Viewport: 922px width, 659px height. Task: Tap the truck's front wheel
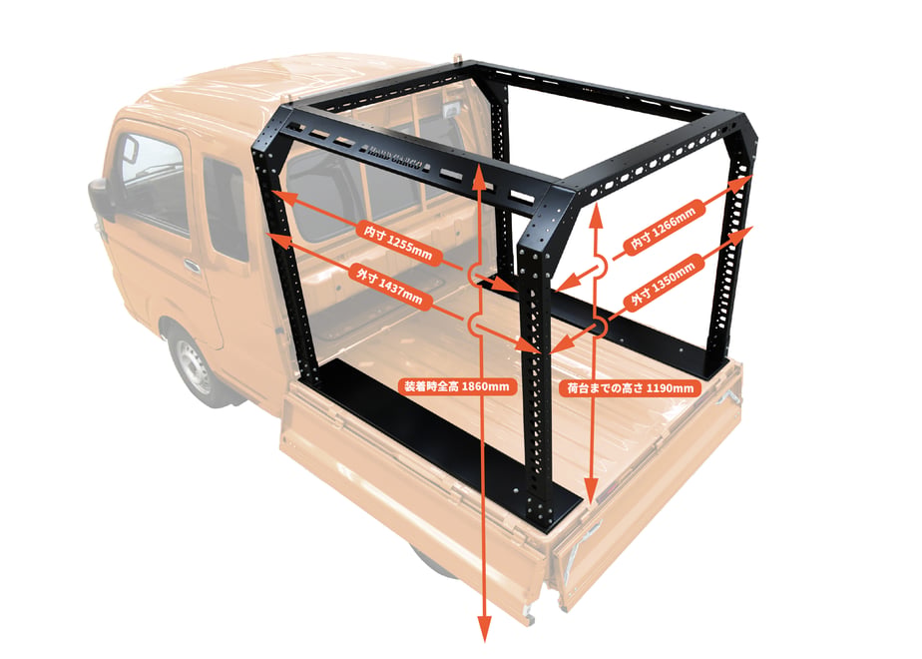(x=193, y=365)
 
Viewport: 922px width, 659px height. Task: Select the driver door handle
(x=192, y=265)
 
